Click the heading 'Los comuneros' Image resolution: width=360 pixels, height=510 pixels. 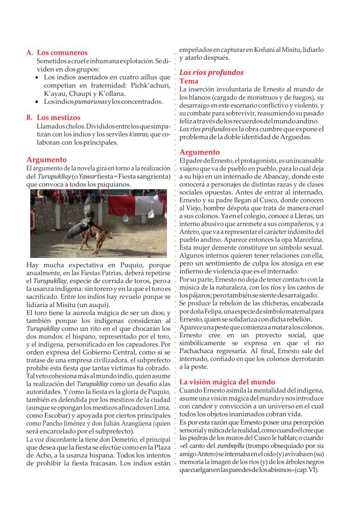[62, 53]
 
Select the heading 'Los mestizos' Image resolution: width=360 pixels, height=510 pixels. [58, 117]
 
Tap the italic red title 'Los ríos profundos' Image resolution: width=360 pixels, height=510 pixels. [211, 72]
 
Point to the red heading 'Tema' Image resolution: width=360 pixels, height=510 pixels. [189, 81]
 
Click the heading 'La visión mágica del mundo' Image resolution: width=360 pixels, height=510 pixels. [227, 382]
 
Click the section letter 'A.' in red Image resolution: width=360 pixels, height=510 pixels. [30, 53]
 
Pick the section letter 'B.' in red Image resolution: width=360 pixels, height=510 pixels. [30, 117]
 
